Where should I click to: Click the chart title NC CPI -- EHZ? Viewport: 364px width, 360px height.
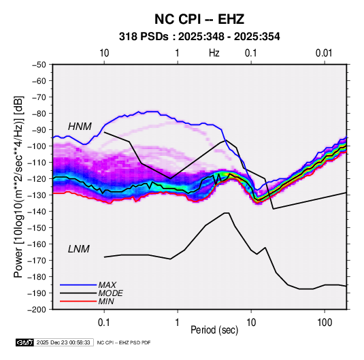pyautogui.click(x=199, y=19)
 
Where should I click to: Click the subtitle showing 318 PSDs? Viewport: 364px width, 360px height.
pyautogui.click(x=199, y=37)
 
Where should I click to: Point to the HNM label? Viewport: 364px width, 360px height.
pyautogui.click(x=80, y=127)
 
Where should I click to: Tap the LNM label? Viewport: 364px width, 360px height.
pyautogui.click(x=79, y=249)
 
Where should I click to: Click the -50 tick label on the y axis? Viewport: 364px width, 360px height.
pyautogui.click(x=39, y=65)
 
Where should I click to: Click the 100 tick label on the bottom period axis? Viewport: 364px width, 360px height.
pyautogui.click(x=325, y=323)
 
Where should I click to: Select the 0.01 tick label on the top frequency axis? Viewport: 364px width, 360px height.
pyautogui.click(x=324, y=53)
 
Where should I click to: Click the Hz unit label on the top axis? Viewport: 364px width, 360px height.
pyautogui.click(x=214, y=53)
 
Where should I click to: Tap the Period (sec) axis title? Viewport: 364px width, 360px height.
pyautogui.click(x=214, y=330)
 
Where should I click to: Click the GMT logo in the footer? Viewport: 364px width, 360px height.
pyautogui.click(x=25, y=342)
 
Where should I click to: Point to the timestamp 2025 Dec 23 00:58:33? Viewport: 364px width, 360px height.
pyautogui.click(x=63, y=342)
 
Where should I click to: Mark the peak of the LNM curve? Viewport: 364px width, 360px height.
pyautogui.click(x=227, y=213)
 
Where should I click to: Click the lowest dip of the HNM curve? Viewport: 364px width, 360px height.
pyautogui.click(x=274, y=209)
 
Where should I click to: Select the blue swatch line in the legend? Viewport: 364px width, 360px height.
pyautogui.click(x=78, y=285)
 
